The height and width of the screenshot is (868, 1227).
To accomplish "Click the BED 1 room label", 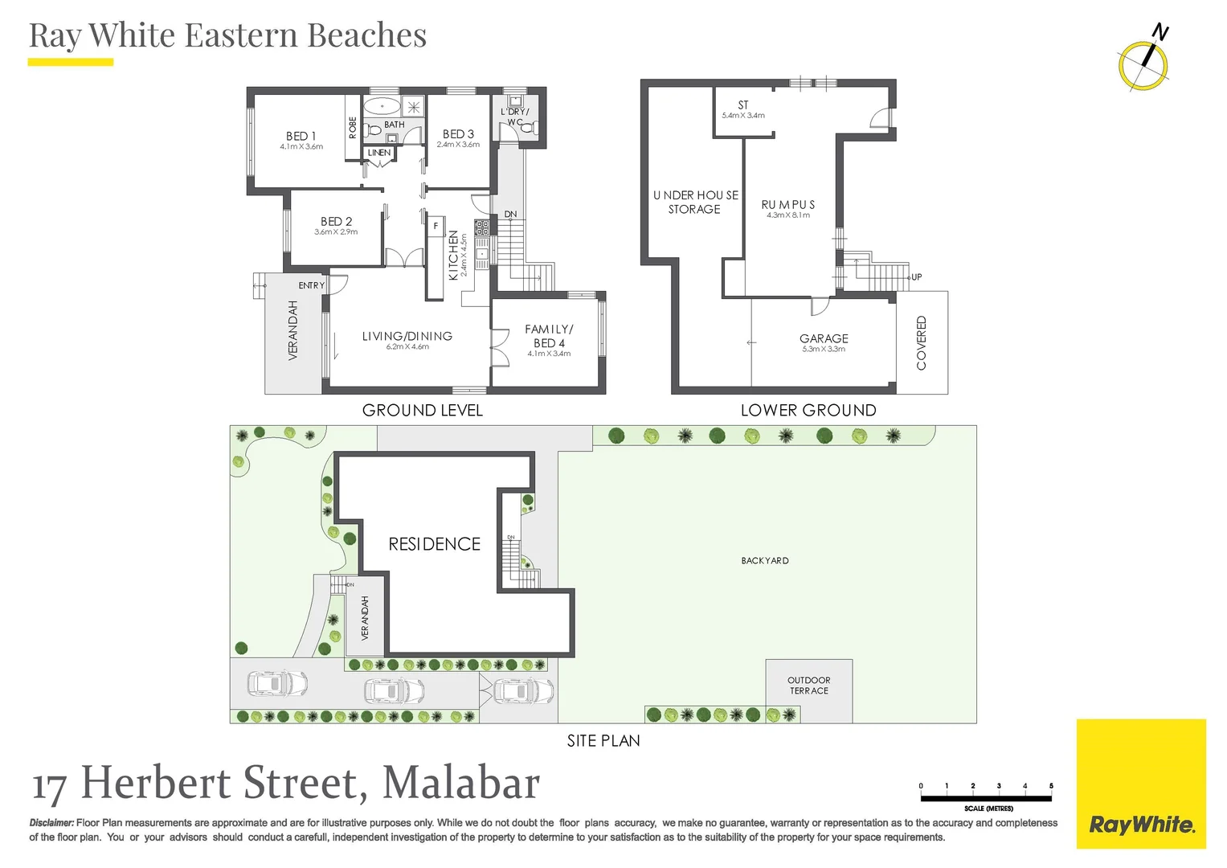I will point(301,137).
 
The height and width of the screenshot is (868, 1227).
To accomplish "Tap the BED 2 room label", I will point(336,222).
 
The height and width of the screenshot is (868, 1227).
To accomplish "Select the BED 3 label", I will point(458,134).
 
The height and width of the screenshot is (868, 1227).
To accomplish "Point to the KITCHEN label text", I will point(453,256).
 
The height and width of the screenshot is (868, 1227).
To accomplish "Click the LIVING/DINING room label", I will point(407,336).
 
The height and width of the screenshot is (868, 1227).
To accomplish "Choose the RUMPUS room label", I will point(788,205).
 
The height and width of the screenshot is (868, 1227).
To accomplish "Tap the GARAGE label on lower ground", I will point(824,339).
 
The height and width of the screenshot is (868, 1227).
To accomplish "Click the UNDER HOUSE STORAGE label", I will point(695,202).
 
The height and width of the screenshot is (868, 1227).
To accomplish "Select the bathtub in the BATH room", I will point(382,106).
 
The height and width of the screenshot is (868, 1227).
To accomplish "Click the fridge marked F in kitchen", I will point(436,227).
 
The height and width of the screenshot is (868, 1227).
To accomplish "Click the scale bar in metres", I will point(986,798).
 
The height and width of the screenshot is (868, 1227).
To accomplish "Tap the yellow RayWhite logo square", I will point(1141,784).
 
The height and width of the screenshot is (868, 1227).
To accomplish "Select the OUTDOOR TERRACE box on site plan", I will point(808,686).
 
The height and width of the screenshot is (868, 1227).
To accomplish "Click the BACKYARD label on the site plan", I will point(764,561).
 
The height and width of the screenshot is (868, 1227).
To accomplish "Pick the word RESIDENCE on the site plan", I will point(434,544).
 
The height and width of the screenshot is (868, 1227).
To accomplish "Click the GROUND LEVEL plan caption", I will point(423,410).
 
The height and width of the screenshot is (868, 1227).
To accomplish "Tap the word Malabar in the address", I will point(460,783).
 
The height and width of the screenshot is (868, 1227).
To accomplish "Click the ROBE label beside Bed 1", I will point(353,128).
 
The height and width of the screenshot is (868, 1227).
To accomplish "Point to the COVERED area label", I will point(922,343).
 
